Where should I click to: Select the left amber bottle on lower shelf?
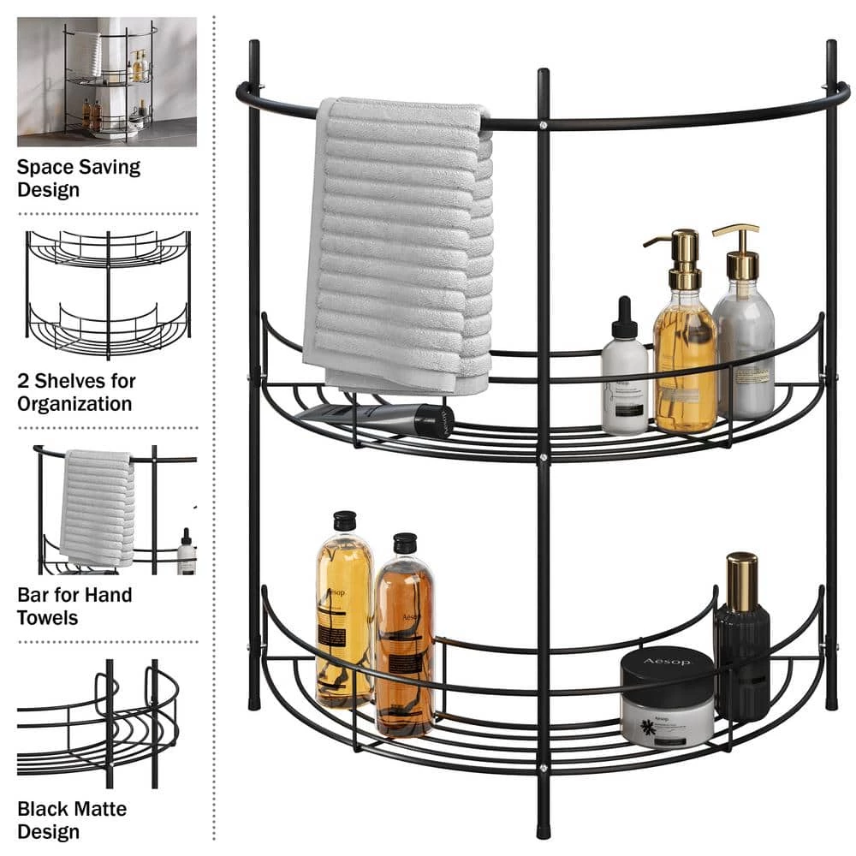(343, 616)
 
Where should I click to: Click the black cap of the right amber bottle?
(404, 543)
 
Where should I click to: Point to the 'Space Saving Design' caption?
(79, 178)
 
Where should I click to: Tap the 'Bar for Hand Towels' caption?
(74, 606)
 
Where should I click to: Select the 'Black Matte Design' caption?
(72, 819)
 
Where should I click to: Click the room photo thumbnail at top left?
(107, 82)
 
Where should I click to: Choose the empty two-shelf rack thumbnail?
(108, 294)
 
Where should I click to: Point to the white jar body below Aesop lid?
(667, 723)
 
